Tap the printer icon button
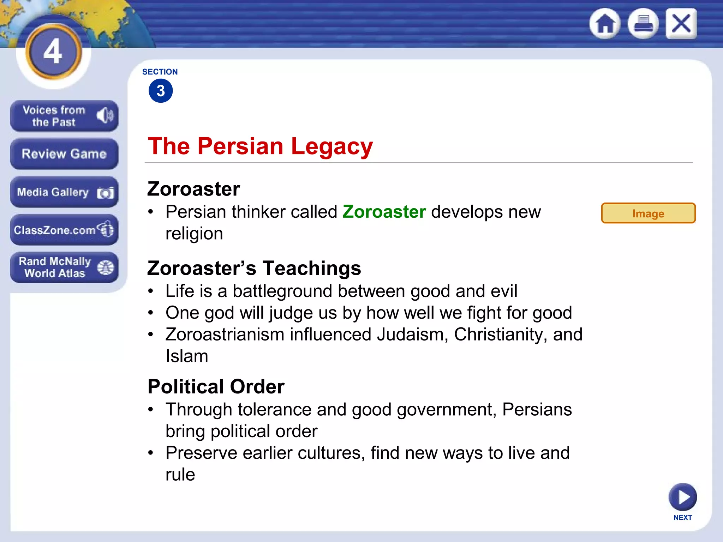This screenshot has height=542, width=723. tap(643, 24)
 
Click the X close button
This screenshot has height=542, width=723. tap(681, 24)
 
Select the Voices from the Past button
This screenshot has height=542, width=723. tap(64, 116)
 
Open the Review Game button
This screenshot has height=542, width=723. tap(64, 154)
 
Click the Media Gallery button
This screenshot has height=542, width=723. tap(64, 192)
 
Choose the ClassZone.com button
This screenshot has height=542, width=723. tap(64, 230)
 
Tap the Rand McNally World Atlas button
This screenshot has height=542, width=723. tap(64, 267)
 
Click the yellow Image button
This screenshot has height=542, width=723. tap(648, 213)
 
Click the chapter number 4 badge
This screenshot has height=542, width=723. tap(54, 52)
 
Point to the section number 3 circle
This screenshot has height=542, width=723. tap(161, 91)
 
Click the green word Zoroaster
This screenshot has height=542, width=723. tap(384, 212)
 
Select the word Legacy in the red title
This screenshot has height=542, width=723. tap(332, 146)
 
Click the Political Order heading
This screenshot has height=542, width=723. tap(216, 386)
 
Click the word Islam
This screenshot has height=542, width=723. tap(187, 356)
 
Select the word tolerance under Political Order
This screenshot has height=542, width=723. tap(274, 410)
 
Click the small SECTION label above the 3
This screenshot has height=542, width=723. tap(160, 72)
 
